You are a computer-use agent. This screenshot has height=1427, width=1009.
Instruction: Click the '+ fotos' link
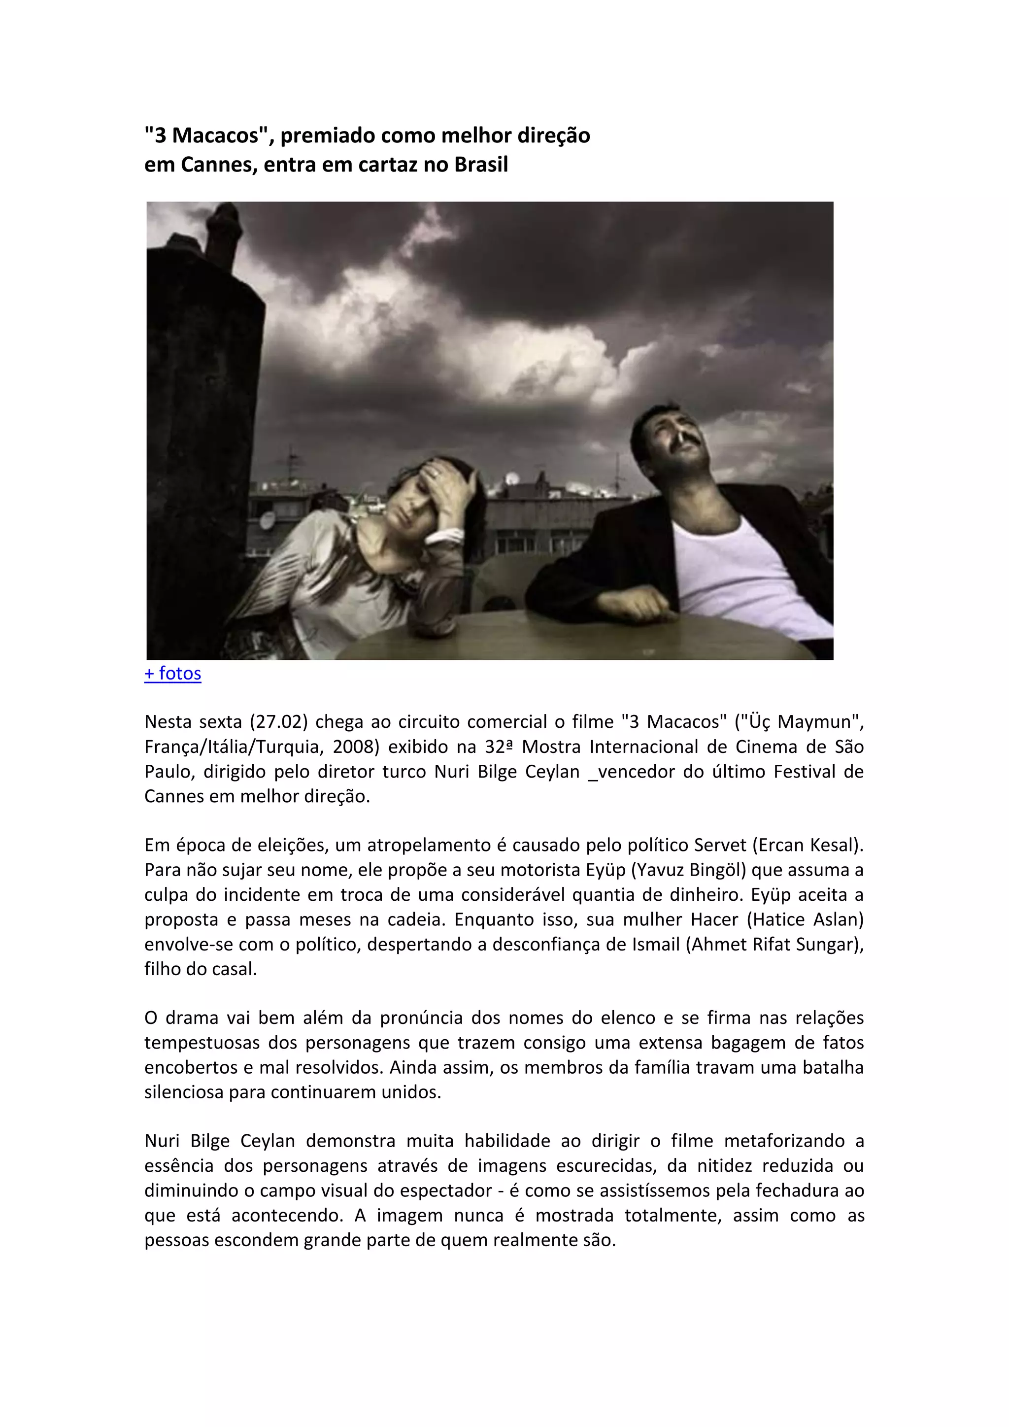coord(173,673)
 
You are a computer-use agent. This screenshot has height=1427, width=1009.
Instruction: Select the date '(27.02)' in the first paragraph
coord(279,722)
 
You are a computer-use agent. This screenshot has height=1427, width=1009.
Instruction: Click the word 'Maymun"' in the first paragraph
coord(821,722)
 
